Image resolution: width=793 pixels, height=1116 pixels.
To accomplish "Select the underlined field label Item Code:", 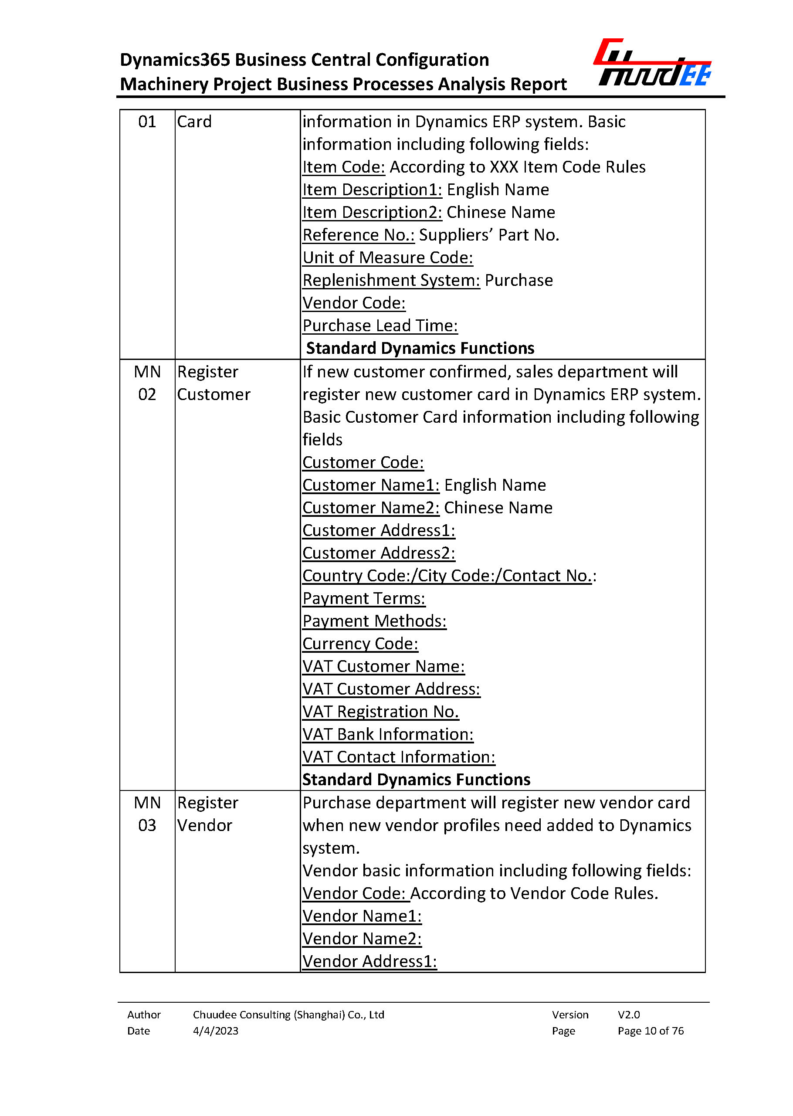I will click(343, 167).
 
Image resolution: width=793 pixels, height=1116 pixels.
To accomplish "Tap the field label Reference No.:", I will click(358, 235).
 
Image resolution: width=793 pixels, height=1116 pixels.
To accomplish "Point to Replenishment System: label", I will click(391, 280).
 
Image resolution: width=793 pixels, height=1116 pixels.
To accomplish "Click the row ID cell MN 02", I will click(147, 383).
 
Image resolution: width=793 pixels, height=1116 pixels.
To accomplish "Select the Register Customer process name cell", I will click(213, 383).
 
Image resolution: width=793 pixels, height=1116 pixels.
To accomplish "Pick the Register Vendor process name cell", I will click(207, 814).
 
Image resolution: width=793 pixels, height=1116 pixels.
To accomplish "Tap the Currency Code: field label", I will click(360, 643).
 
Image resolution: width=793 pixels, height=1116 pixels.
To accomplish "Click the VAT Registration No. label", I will click(380, 711).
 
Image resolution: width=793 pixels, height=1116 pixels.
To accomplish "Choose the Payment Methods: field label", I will click(374, 621).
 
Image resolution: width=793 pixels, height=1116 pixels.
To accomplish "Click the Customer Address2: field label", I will click(379, 553).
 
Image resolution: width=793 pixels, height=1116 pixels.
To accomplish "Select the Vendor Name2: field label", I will click(362, 938).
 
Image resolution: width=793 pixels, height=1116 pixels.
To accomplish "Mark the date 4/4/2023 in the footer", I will click(215, 1031).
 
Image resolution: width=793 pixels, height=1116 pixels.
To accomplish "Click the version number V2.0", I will click(628, 1014).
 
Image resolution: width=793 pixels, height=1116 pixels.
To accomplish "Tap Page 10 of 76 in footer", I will click(651, 1031).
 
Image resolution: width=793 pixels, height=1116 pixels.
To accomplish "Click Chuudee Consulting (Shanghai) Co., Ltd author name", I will click(288, 1014).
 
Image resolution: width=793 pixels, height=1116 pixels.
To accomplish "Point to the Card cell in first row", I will click(194, 122).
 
